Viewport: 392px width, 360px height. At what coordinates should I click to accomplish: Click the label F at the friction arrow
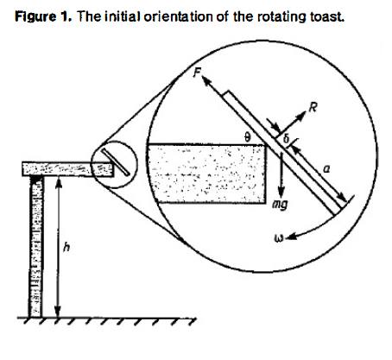(x=197, y=72)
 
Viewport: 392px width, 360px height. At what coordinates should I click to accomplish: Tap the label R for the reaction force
(x=313, y=108)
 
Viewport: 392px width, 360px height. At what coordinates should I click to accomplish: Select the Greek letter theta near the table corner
(x=246, y=137)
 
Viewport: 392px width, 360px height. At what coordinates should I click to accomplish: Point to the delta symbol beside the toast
(x=286, y=139)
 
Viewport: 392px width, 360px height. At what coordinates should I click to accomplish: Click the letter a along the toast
(x=326, y=170)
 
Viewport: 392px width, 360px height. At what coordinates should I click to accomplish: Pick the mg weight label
(x=280, y=205)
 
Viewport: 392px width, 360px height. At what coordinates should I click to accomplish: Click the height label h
(x=66, y=247)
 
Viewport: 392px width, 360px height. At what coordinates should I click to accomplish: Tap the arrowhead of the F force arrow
(x=206, y=80)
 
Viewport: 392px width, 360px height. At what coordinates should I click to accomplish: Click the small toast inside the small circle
(x=115, y=162)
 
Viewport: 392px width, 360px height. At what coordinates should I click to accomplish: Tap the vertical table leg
(x=35, y=247)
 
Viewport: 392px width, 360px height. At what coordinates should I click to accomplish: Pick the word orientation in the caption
(x=178, y=16)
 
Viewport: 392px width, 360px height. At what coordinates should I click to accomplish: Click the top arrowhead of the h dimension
(x=59, y=182)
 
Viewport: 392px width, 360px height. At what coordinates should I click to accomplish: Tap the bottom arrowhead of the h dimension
(x=58, y=312)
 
